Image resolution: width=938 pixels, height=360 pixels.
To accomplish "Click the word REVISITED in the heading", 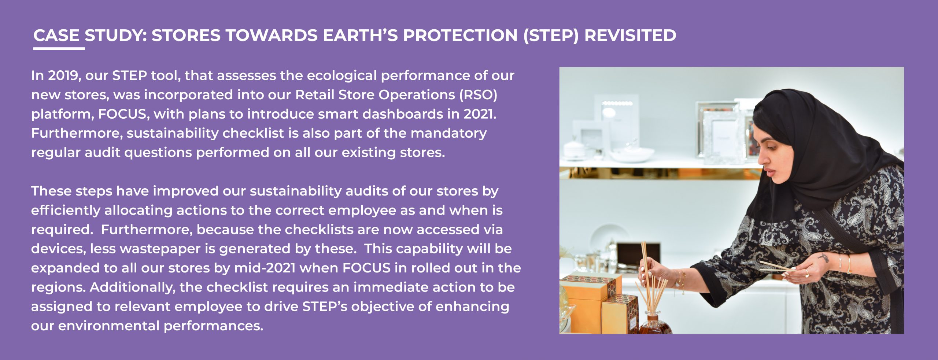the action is pos(630,36).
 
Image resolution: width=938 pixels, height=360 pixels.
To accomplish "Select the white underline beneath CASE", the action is pos(59,48).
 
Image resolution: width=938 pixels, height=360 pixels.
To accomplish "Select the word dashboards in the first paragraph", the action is pos(403,114).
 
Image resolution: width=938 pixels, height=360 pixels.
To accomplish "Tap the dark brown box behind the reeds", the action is pos(638,256).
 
